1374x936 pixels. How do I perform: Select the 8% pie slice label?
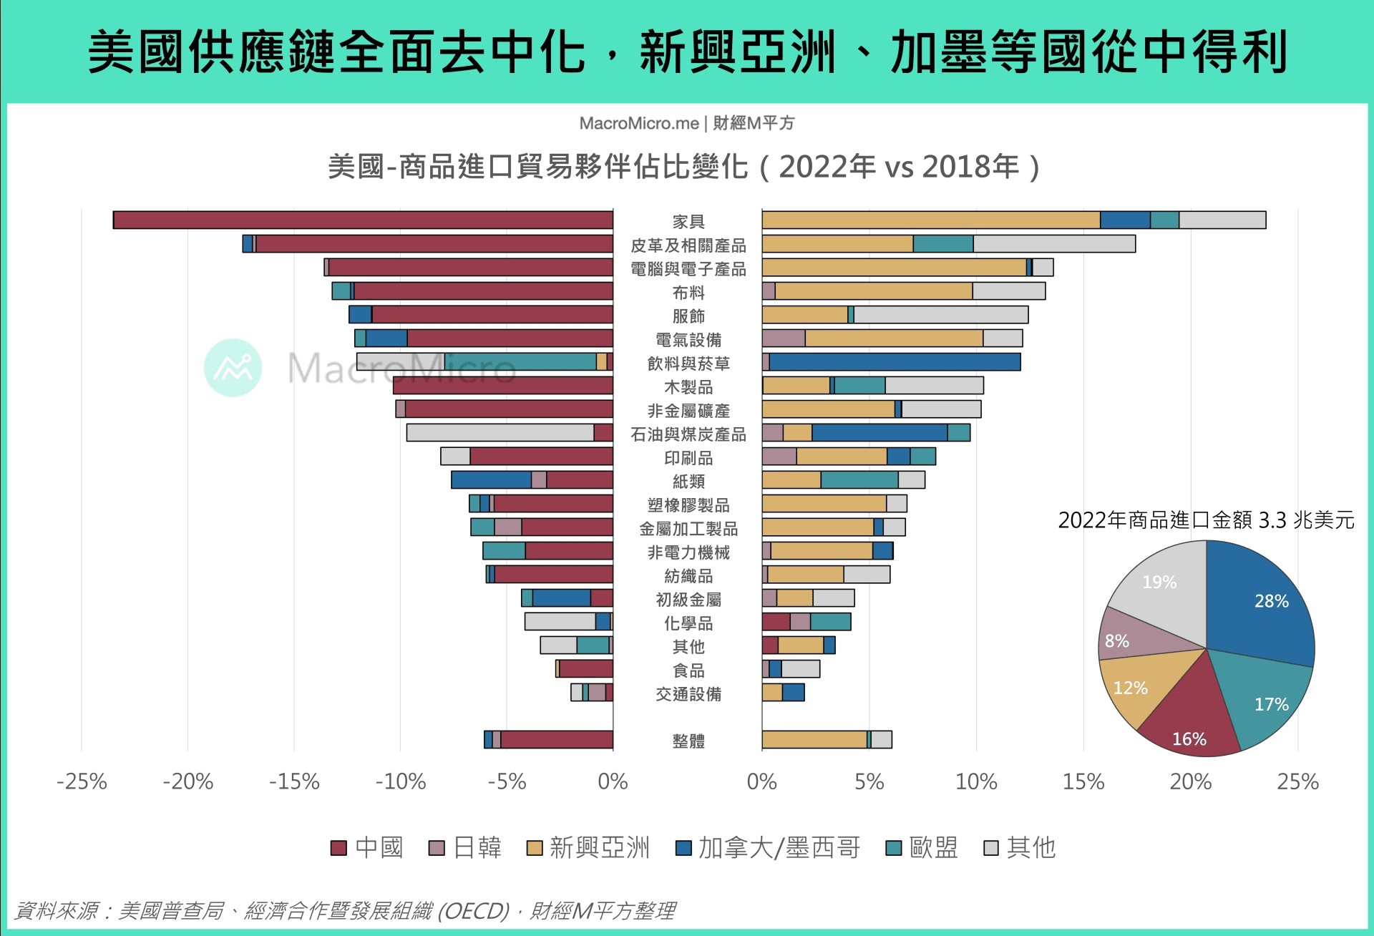pos(1116,641)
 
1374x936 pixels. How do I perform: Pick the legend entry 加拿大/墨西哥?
pos(769,848)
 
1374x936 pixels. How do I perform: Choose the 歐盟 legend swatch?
pos(894,849)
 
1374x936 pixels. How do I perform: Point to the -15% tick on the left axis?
pos(294,781)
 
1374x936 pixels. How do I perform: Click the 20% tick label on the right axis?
pos(1190,781)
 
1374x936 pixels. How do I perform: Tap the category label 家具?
pos(688,222)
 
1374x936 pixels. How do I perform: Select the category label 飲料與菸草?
pos(688,364)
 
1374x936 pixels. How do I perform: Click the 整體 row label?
pos(688,741)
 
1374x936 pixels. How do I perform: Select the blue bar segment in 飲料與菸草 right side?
pos(895,362)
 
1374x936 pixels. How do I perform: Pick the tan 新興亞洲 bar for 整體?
pos(814,740)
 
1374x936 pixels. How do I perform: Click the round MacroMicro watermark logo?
pos(233,368)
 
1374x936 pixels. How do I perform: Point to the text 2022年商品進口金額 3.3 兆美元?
pos(1206,520)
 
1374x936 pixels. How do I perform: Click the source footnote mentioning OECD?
pos(343,911)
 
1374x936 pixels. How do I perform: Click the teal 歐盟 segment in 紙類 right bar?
pos(859,480)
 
